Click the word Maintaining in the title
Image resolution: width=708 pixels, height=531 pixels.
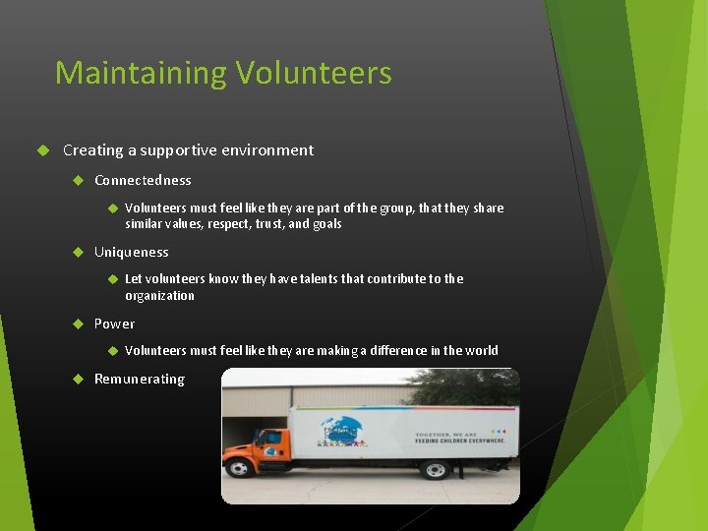[x=141, y=73]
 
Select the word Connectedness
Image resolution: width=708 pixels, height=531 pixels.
[x=143, y=180]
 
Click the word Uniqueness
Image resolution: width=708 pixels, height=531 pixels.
[x=131, y=252]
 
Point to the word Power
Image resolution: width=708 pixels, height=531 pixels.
[x=114, y=324]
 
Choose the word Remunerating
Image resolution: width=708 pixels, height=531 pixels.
[x=139, y=379]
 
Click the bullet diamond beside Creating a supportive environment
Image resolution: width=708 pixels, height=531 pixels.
[x=42, y=150]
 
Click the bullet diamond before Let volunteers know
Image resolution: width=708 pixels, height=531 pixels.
[x=111, y=278]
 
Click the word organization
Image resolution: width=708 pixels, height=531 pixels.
[x=159, y=295]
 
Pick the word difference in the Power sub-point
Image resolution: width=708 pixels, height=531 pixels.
[x=394, y=350]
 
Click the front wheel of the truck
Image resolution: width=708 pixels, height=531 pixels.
[x=239, y=468]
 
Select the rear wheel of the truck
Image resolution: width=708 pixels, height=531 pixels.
[x=434, y=469]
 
